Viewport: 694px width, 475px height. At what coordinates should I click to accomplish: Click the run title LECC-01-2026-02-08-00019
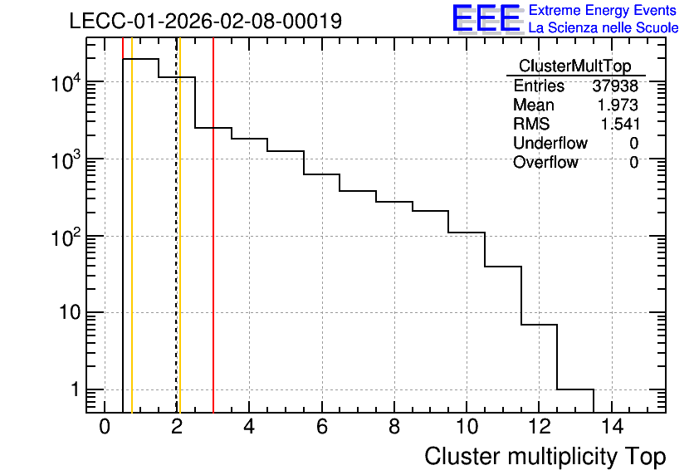206,21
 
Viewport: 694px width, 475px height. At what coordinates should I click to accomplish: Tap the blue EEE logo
487,19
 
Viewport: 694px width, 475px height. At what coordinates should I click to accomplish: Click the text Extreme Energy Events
603,10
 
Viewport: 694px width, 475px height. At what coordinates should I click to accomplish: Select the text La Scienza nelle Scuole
604,28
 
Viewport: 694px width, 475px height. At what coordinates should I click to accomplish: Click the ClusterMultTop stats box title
575,66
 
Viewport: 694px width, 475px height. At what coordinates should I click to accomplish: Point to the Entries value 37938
615,86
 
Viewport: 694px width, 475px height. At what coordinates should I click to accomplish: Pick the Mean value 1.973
618,105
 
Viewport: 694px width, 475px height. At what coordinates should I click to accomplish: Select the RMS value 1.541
619,124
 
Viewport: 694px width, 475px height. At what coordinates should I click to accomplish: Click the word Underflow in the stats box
550,143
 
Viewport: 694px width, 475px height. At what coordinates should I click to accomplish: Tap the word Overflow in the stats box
545,162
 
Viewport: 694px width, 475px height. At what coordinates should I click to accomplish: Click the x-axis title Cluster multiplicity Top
545,457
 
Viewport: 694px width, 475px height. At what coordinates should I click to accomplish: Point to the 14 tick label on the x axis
612,427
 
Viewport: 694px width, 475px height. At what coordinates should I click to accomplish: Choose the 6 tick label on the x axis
322,427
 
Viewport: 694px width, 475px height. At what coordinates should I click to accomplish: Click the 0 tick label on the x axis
105,427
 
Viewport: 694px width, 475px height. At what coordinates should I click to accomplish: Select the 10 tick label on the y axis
70,312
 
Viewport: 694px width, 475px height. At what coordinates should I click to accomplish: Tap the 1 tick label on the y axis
75,389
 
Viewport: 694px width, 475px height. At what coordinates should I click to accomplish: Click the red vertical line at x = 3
213,225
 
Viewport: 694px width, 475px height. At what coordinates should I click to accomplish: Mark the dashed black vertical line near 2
177,225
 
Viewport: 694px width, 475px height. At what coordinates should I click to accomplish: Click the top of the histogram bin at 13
575,389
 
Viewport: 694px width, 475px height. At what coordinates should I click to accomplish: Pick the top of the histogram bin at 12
539,325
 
